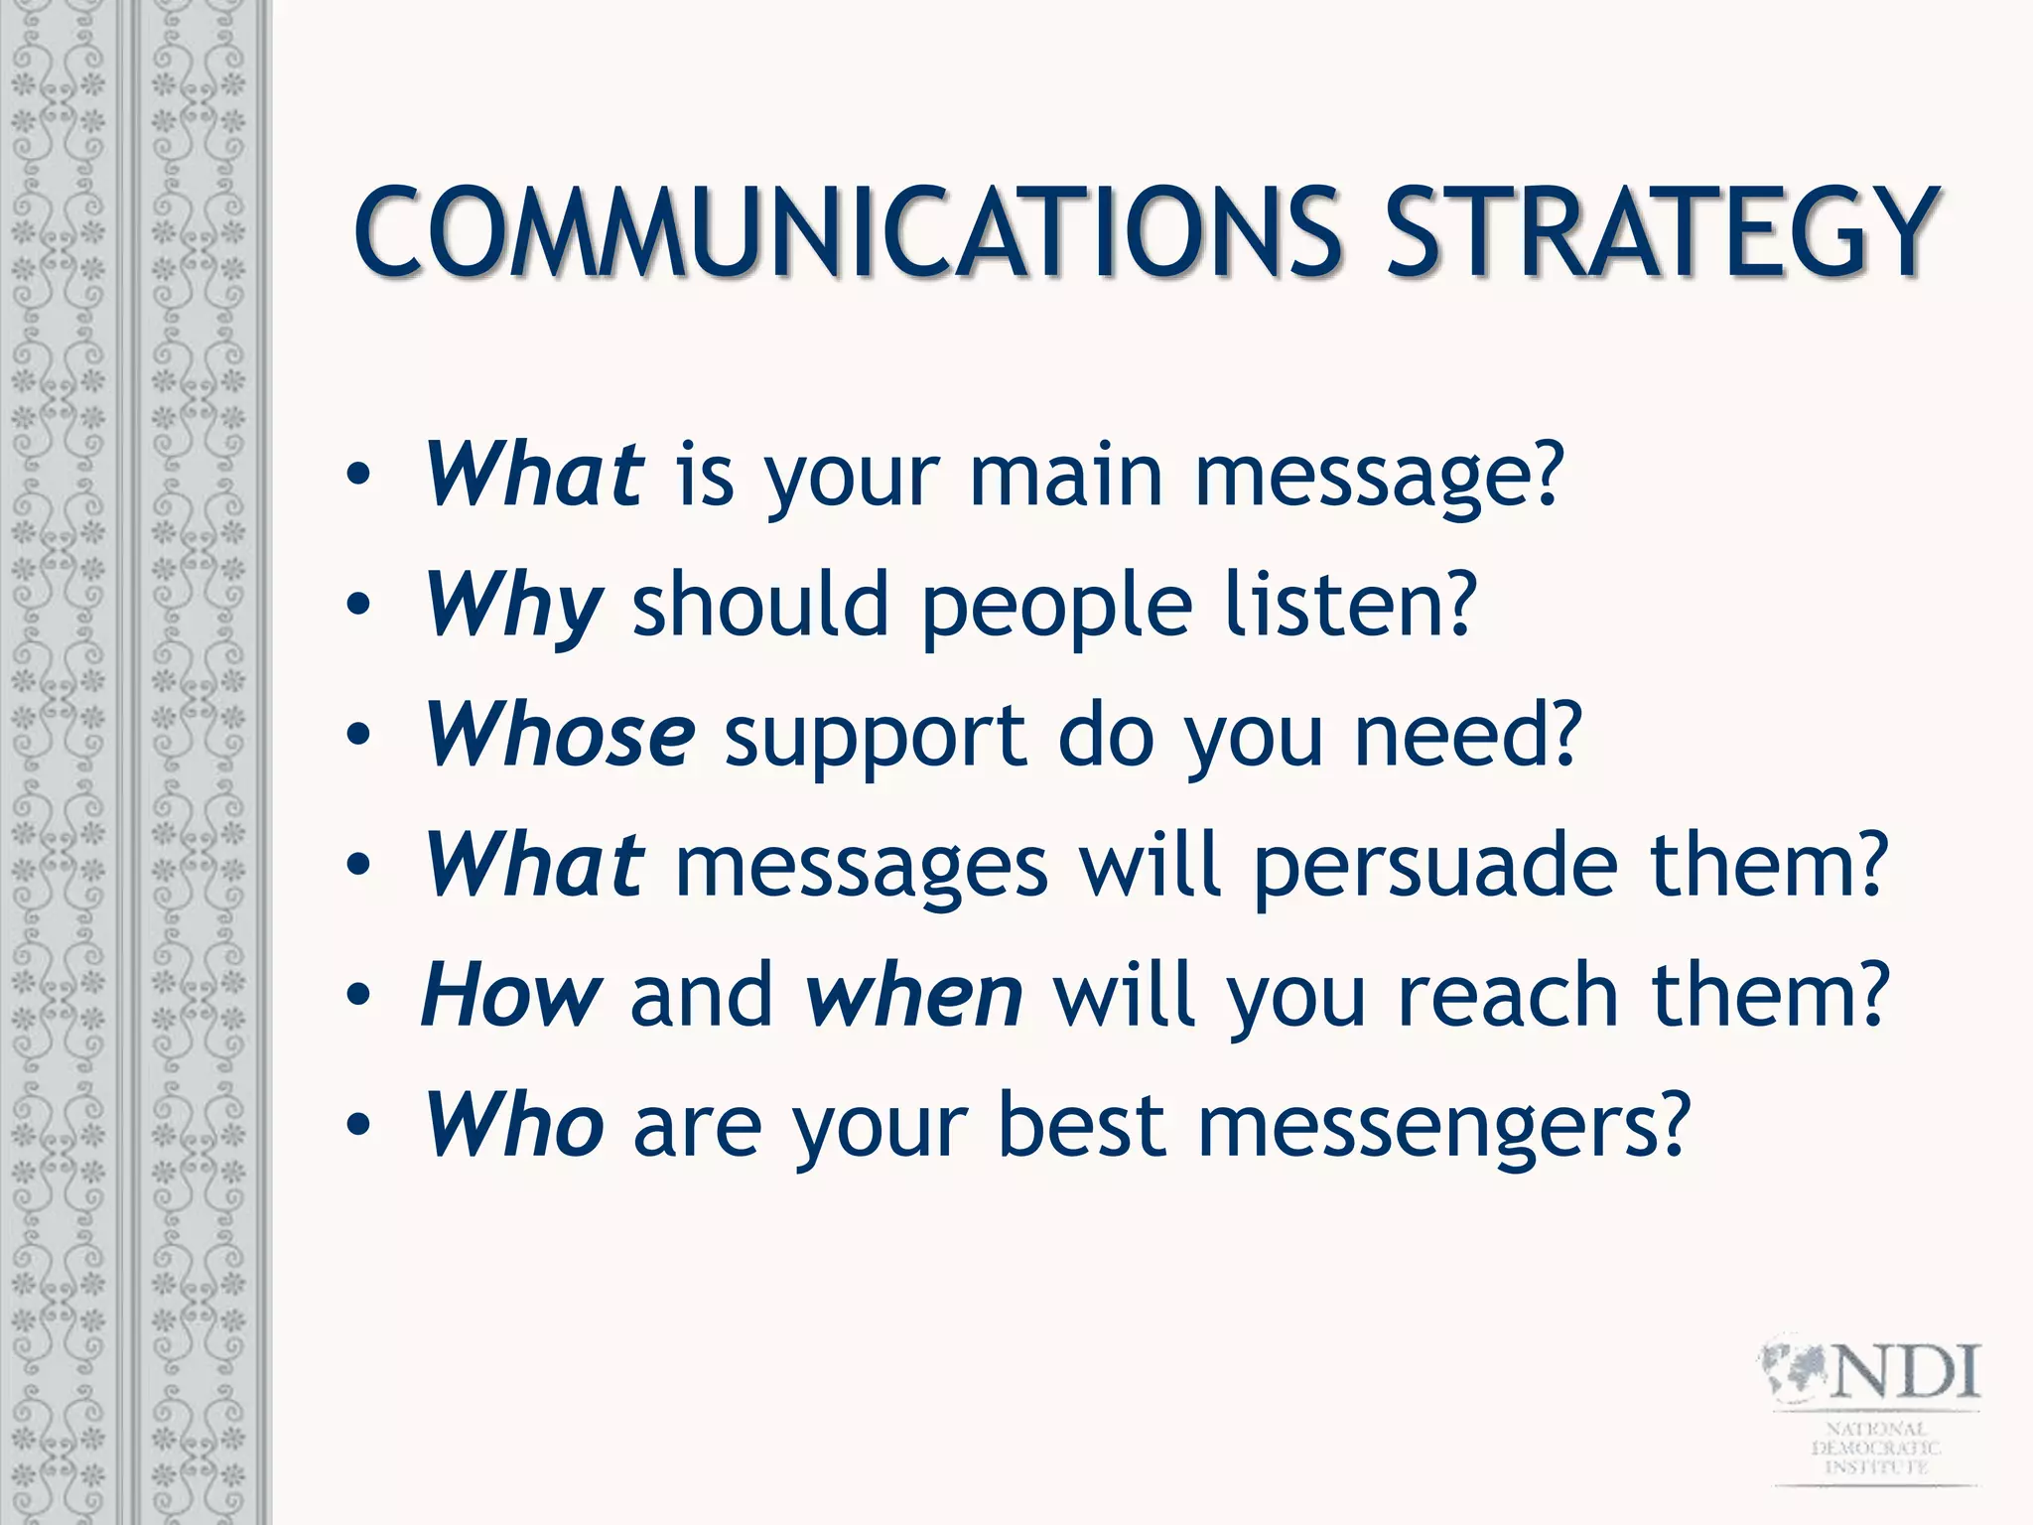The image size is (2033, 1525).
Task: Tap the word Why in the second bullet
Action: [x=512, y=606]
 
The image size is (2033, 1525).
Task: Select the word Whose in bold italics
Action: [x=560, y=736]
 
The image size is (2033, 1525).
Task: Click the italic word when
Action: [x=913, y=996]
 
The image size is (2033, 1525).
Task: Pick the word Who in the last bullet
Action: [x=514, y=1126]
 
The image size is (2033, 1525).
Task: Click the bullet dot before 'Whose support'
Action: [x=358, y=736]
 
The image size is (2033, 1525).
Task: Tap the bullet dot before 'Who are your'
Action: [x=358, y=1126]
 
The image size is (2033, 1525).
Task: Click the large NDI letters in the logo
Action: [x=1906, y=1373]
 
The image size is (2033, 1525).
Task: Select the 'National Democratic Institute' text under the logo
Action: [x=1876, y=1449]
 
